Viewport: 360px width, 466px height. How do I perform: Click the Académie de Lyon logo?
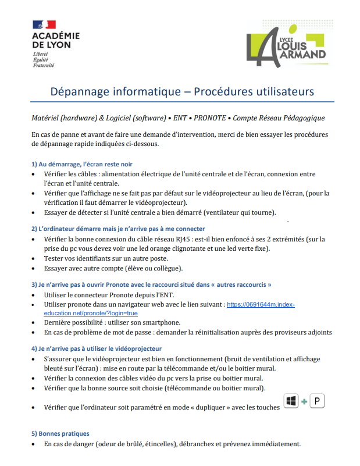pyautogui.click(x=56, y=38)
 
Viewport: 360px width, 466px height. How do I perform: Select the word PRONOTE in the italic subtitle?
pyautogui.click(x=210, y=118)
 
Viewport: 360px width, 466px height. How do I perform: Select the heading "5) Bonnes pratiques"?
pyautogui.click(x=60, y=433)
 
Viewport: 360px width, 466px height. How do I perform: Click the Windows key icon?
pyautogui.click(x=291, y=401)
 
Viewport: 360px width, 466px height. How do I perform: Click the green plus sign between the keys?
pyautogui.click(x=304, y=403)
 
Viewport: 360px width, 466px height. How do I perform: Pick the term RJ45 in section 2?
pyautogui.click(x=191, y=239)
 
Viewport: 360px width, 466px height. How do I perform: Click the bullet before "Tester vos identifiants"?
pyautogui.click(x=33, y=258)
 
